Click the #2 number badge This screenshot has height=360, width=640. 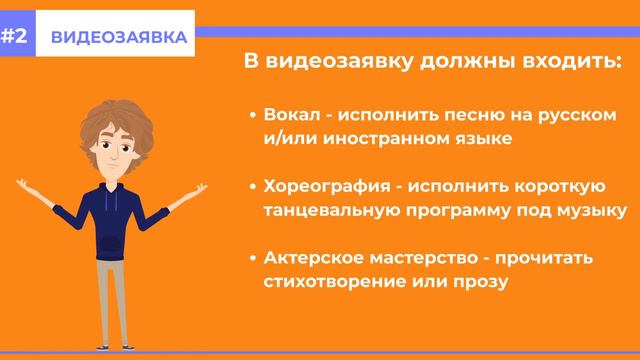[17, 37]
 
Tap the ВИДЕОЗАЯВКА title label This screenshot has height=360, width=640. [117, 37]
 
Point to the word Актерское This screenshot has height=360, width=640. [310, 258]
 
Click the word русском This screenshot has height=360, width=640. [581, 114]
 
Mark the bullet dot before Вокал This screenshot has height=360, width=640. [253, 115]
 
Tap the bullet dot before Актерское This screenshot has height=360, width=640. [253, 259]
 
